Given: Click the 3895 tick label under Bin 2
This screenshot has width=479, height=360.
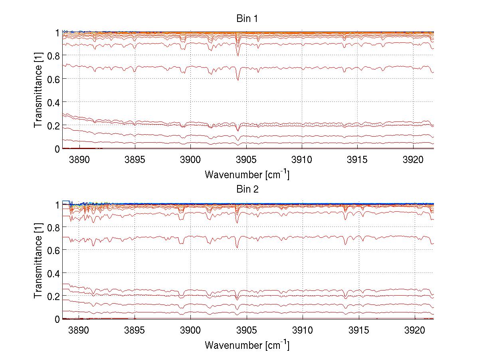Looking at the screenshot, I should coord(135,330).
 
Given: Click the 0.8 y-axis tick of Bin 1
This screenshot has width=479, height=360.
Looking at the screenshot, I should coord(53,55).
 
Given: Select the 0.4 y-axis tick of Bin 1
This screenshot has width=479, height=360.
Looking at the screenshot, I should coord(53,102).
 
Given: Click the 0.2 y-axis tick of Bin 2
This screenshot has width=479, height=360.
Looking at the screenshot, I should coord(53,296).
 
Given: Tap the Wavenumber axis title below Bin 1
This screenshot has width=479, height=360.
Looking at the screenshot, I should coord(247,174).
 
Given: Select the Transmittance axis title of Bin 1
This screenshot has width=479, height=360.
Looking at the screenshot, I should coord(38,91).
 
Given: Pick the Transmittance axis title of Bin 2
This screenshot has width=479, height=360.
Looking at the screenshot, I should coord(38,261).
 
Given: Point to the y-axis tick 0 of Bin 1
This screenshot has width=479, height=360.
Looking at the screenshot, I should coord(57,149).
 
